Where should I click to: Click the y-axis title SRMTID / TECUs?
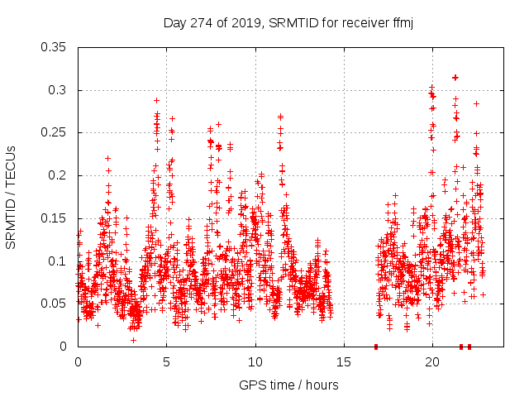11,197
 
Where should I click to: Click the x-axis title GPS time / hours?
288,385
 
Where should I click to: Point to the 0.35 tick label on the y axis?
55,47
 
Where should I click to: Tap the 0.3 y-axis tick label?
58,90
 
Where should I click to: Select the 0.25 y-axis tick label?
55,132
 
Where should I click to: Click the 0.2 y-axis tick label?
58,175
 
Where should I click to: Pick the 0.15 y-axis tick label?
55,218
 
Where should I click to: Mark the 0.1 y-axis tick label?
58,261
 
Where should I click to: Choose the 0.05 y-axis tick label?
55,304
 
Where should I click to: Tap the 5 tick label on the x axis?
167,362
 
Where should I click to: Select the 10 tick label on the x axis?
255,362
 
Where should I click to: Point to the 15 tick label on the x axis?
344,362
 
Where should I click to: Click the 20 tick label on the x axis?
432,362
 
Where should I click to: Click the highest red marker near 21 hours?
455,77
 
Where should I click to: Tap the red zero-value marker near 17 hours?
376,347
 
